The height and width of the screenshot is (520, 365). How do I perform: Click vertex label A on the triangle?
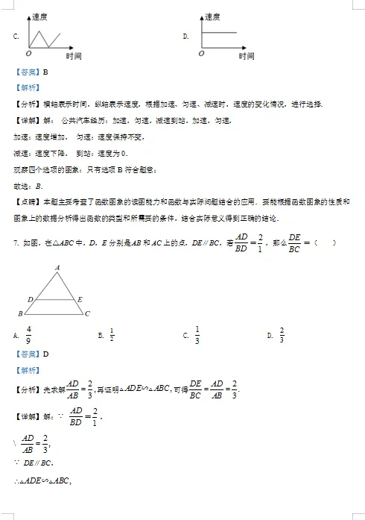[x=57, y=267]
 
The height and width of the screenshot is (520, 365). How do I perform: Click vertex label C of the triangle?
[x=87, y=314]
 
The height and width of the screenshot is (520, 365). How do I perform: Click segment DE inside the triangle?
[x=55, y=299]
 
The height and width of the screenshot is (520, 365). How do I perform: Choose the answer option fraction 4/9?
[x=28, y=335]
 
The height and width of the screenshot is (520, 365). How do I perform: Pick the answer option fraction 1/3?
[x=197, y=335]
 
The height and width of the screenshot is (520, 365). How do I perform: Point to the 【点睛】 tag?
[x=27, y=202]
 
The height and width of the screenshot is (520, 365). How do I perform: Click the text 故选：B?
[x=28, y=186]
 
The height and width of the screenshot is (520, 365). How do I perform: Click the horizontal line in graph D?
[x=220, y=31]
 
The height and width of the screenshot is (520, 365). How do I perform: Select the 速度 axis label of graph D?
[x=212, y=15]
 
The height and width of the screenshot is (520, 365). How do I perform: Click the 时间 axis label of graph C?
[x=73, y=56]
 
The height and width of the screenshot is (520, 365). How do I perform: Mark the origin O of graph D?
[x=199, y=54]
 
